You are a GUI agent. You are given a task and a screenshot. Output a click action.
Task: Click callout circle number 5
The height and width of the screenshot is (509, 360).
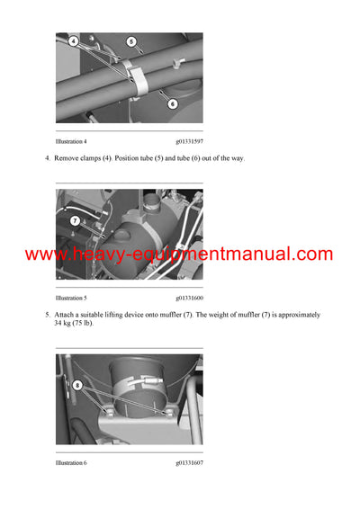130,41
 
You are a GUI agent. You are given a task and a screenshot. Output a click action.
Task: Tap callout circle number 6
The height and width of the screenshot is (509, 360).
172,103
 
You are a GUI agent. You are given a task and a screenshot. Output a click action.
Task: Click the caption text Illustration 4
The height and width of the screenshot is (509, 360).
71,141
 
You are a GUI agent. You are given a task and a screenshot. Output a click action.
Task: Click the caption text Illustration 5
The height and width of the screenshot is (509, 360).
71,297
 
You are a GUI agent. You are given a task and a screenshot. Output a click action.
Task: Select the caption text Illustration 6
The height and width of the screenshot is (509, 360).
71,462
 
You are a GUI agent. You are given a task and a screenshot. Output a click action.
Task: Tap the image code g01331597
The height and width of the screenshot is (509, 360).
189,141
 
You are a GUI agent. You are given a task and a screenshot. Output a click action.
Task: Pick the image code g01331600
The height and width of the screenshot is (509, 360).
189,297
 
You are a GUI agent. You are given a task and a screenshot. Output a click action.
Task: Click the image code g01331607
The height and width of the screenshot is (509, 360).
189,462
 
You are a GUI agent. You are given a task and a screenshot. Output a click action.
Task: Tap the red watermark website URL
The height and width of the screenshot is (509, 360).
179,254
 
